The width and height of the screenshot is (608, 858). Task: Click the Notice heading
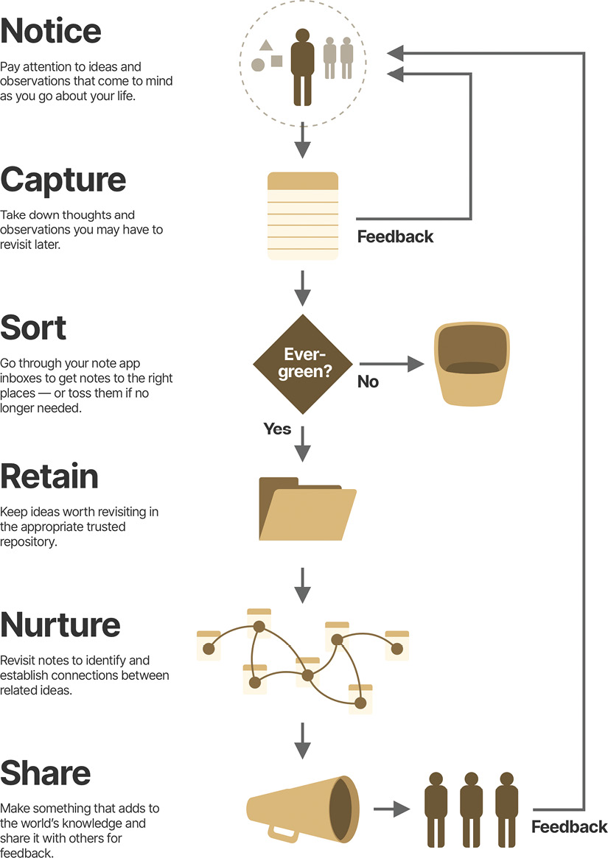[51, 31]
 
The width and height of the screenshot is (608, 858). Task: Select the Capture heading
[63, 180]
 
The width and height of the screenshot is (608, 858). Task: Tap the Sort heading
[34, 328]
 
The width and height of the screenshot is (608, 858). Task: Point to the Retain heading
[49, 477]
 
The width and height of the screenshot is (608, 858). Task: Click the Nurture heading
[60, 625]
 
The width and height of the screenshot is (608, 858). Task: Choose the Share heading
[46, 773]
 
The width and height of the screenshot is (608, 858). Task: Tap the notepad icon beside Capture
[303, 216]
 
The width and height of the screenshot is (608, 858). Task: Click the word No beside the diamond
[368, 381]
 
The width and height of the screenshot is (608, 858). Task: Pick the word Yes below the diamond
[277, 429]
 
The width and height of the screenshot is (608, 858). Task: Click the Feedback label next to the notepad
[395, 236]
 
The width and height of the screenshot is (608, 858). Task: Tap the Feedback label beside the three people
[570, 826]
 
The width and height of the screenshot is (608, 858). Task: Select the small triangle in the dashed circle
[266, 46]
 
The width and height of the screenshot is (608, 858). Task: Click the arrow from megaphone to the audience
[391, 809]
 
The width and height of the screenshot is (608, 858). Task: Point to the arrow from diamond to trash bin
[391, 364]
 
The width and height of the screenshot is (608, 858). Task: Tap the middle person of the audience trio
[471, 809]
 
